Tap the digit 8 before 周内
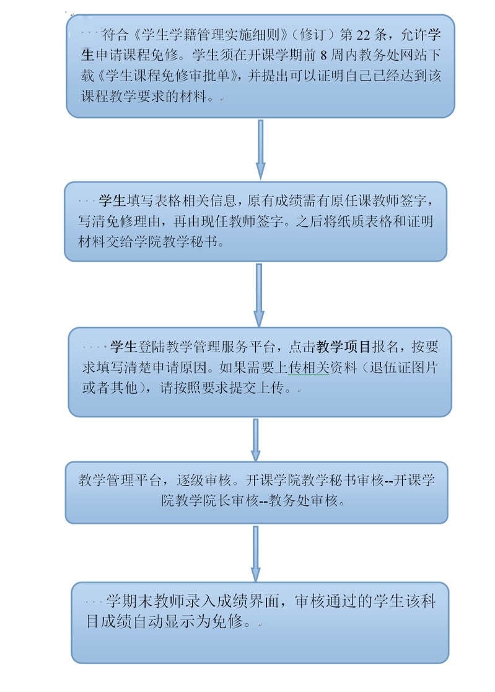[323, 55]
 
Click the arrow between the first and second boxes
[260, 149]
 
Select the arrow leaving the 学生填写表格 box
[259, 295]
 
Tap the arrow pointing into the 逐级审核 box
[255, 440]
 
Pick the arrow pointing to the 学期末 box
[255, 554]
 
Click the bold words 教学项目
[343, 347]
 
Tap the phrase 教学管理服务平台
[221, 347]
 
